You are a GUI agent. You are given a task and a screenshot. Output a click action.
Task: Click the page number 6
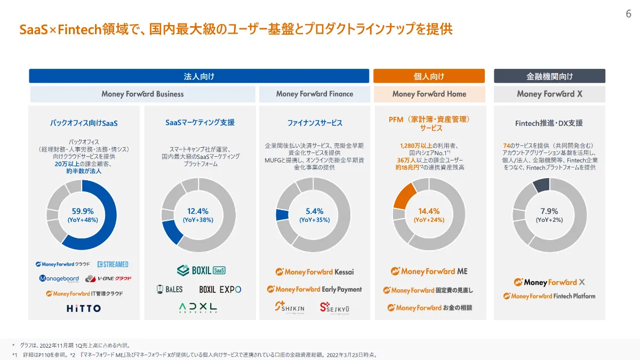point(628,14)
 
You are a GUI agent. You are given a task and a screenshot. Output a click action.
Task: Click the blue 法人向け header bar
point(199,76)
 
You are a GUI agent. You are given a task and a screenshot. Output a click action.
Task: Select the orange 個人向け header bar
point(429,76)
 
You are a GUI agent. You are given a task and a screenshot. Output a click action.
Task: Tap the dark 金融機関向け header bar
point(549,76)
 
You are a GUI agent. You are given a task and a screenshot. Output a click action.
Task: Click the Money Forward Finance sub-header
point(314,94)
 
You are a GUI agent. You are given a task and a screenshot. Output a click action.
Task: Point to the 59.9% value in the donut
point(83,211)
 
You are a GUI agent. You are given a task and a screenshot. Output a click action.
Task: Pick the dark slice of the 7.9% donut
point(541,186)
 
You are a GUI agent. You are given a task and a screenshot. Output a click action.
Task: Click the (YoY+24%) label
point(429,220)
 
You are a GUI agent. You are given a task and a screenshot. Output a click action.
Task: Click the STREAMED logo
point(113,264)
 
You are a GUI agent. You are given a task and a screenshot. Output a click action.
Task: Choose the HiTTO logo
point(83,308)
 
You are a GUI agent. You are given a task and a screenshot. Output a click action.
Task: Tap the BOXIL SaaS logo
point(201,270)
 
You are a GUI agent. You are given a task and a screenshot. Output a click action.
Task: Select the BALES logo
point(170,289)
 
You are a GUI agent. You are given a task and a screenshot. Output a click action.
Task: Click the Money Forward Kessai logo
point(314,272)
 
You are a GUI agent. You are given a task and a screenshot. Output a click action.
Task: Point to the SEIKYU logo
point(334,307)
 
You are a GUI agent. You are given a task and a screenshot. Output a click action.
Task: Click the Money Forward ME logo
point(429,271)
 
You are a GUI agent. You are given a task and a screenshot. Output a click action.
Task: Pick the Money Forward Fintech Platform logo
point(549,296)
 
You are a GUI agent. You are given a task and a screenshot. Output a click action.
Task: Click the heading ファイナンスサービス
point(315,123)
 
